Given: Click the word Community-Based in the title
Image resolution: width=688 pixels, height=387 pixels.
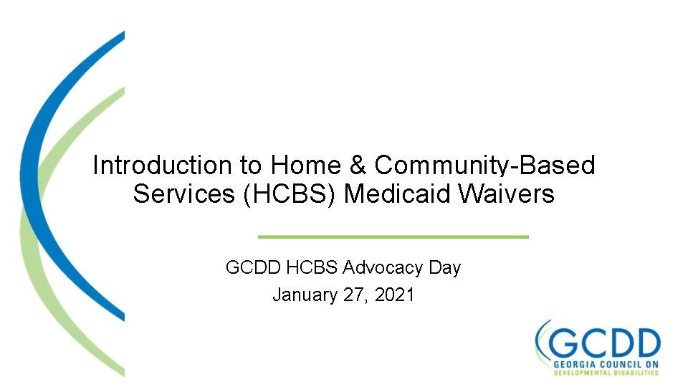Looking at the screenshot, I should [485, 166].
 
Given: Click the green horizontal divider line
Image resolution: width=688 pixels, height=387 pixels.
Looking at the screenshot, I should [393, 236].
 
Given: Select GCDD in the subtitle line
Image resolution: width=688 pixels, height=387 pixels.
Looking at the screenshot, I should [253, 268].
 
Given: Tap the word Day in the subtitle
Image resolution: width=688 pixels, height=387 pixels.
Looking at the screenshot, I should [444, 268].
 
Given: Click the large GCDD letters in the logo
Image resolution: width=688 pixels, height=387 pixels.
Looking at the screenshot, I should [606, 342].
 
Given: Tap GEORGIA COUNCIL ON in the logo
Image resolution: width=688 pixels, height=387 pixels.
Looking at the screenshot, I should [606, 365].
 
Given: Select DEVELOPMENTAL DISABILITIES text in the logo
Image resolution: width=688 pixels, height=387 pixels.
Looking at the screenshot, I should [606, 373].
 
